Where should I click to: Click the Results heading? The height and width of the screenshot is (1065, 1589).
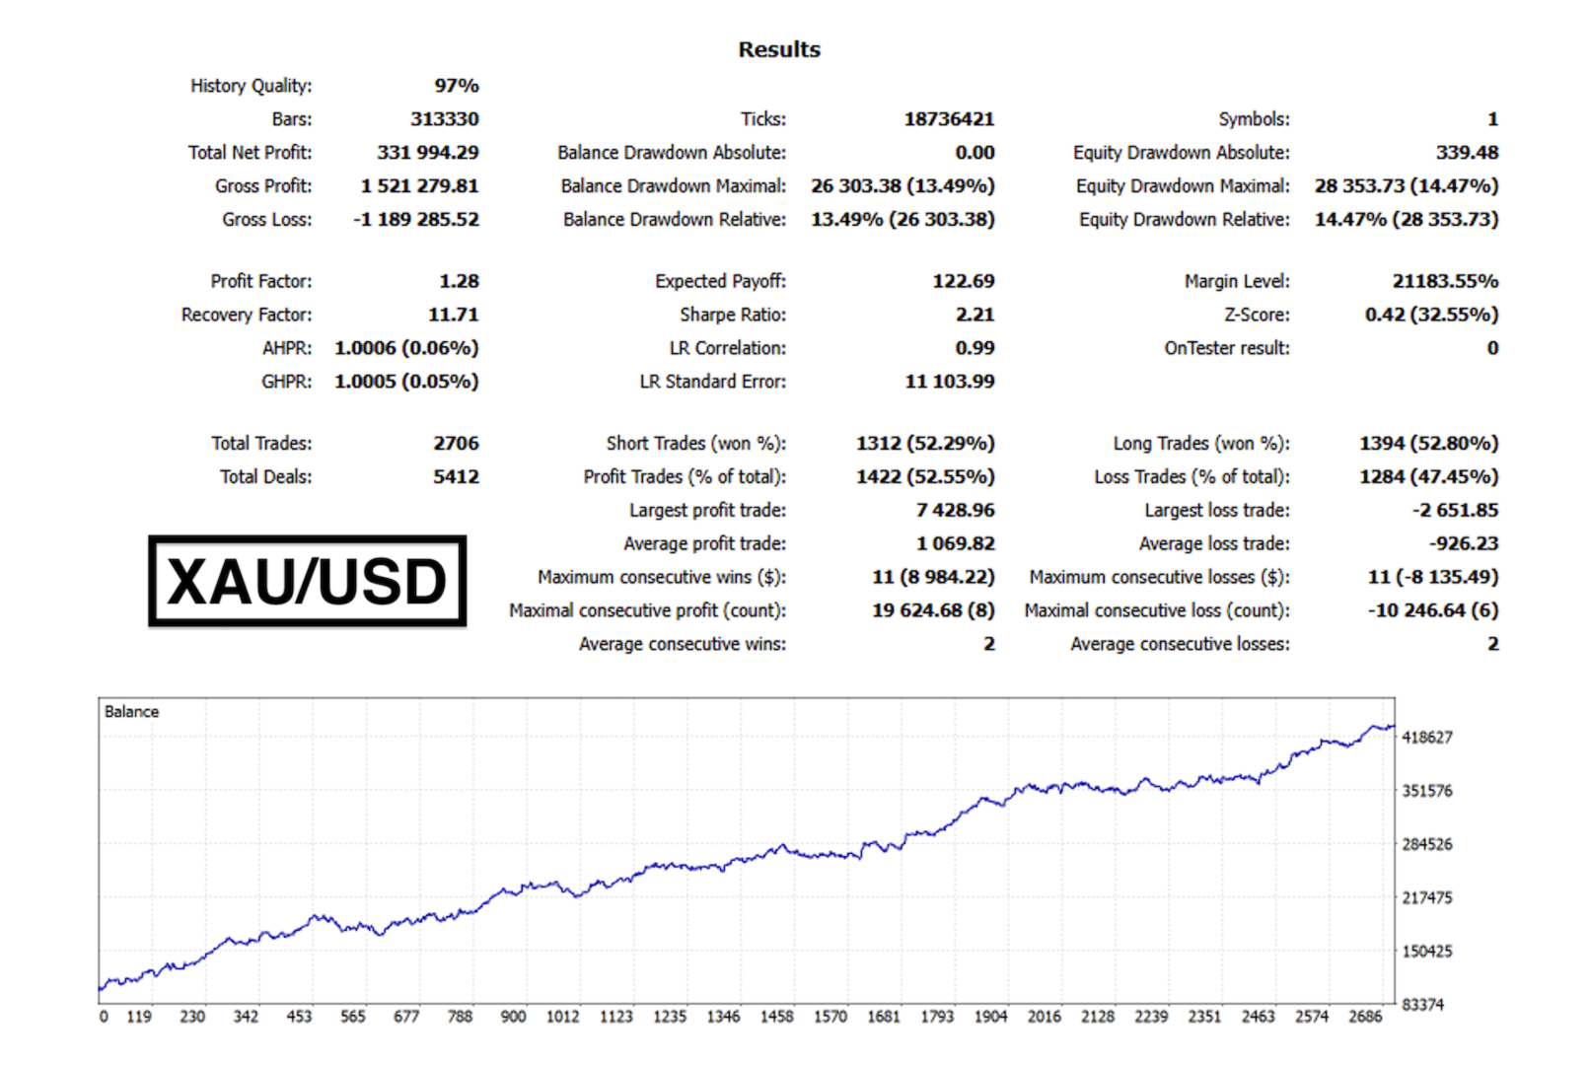(x=778, y=49)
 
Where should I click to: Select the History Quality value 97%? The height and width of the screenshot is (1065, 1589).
(x=456, y=86)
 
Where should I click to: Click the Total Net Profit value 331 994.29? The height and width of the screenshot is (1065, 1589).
(x=427, y=152)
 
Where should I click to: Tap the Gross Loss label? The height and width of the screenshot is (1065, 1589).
(x=266, y=219)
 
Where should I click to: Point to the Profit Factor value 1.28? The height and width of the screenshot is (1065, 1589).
(x=459, y=281)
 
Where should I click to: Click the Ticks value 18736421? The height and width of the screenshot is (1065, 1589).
(x=948, y=119)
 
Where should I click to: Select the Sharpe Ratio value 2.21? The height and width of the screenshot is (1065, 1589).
(x=975, y=315)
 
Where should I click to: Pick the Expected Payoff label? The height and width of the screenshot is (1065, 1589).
(x=720, y=281)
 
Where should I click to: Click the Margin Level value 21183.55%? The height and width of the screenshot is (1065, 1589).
(x=1444, y=281)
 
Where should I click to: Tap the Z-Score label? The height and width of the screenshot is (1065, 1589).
(x=1256, y=315)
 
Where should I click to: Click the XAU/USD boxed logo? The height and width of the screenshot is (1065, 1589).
(x=307, y=581)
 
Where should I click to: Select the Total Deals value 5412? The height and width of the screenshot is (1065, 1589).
(x=456, y=476)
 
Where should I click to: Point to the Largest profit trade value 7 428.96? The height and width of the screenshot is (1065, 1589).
(x=954, y=510)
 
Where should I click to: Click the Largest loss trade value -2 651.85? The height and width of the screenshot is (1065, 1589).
(x=1454, y=510)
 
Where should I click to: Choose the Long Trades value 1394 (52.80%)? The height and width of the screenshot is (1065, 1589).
(x=1427, y=443)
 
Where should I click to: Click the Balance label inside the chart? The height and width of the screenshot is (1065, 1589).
(x=131, y=712)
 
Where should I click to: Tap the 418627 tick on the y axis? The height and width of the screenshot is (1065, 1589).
(x=1426, y=738)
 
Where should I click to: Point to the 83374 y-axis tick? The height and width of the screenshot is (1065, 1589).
(x=1422, y=1005)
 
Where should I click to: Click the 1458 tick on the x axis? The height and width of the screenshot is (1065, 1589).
(x=776, y=1017)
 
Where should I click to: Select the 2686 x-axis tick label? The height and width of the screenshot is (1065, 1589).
(x=1364, y=1017)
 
